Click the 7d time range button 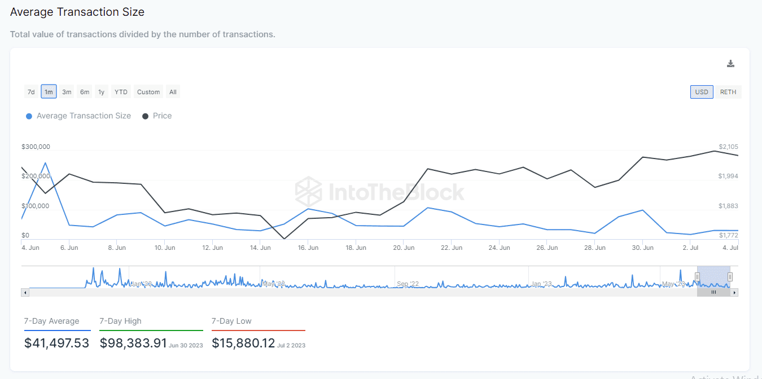coord(31,92)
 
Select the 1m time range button coord(49,92)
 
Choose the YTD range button coord(121,92)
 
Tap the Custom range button coord(148,92)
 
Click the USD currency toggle coord(702,92)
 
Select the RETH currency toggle coord(728,92)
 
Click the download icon coord(730,64)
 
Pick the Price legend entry coord(162,116)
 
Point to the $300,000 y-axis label coord(36,147)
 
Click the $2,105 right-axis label coord(728,147)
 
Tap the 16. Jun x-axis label coord(308,248)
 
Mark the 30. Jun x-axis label coord(643,248)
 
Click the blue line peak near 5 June coord(45,163)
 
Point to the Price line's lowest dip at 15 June coord(283,239)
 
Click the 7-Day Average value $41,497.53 coord(56,343)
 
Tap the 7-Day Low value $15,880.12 coord(243,343)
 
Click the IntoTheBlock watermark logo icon coord(308,191)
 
